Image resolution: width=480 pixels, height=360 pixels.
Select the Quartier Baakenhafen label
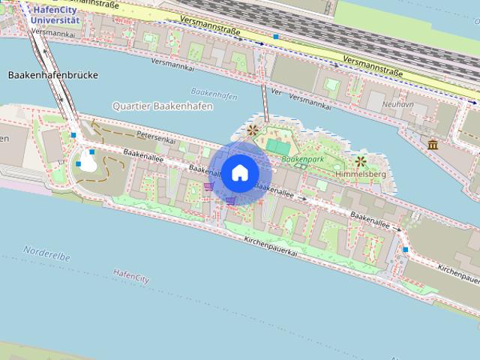click(162, 106)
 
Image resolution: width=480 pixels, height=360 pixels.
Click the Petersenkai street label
click(155, 137)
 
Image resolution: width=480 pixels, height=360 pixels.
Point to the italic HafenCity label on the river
click(132, 276)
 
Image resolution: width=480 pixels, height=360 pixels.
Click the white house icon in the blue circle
click(239, 172)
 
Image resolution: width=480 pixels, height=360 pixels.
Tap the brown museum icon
click(433, 144)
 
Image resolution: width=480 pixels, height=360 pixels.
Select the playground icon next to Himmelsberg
click(361, 160)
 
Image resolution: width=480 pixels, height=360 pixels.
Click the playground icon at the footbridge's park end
click(252, 130)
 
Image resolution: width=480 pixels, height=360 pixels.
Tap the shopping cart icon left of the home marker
click(208, 185)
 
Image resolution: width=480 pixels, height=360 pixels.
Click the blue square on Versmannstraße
click(277, 36)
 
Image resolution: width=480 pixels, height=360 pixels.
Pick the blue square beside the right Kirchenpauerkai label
click(405, 249)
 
